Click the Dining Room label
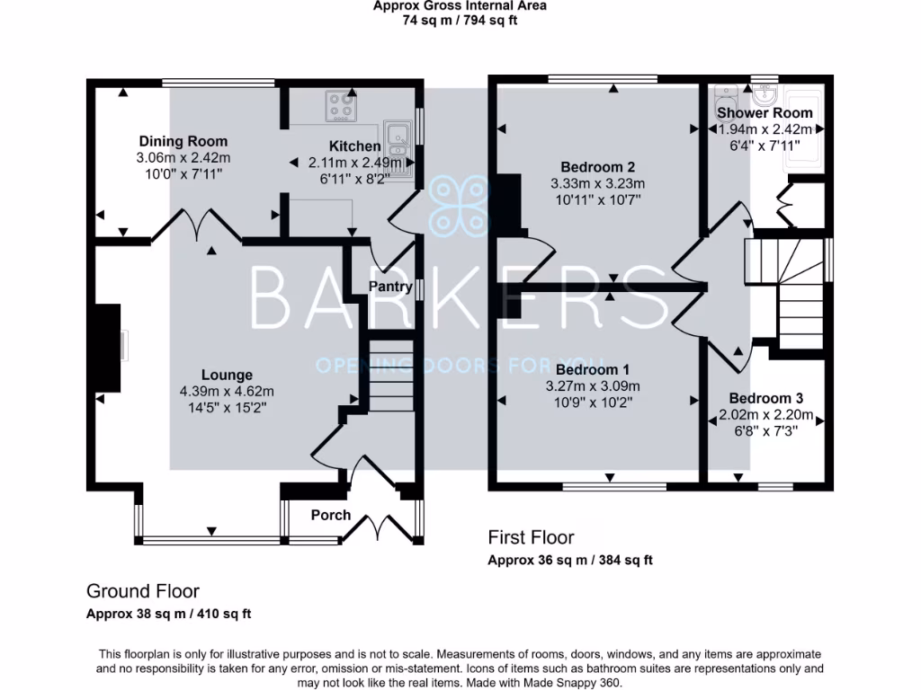click(x=183, y=141)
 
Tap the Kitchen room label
click(x=354, y=146)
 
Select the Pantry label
click(x=390, y=286)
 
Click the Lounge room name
click(x=227, y=375)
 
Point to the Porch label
click(x=330, y=515)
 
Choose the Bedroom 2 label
click(x=598, y=167)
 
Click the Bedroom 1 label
click(x=592, y=369)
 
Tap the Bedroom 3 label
click(x=765, y=398)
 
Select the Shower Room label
click(x=764, y=113)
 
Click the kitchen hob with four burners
click(x=340, y=108)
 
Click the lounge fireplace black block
click(x=108, y=345)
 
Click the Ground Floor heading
click(x=142, y=590)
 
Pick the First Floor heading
click(x=531, y=537)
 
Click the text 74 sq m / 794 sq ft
click(x=460, y=20)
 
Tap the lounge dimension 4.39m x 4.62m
click(x=227, y=391)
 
